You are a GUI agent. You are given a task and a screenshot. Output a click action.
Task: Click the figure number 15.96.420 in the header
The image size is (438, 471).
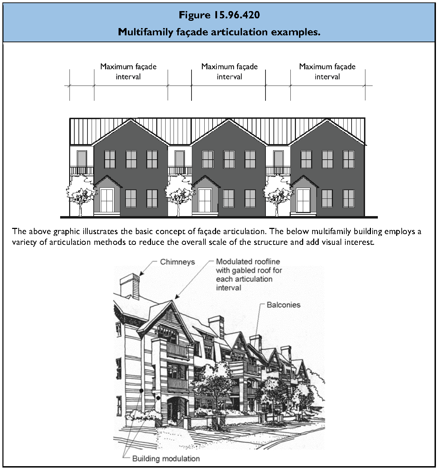tap(236, 15)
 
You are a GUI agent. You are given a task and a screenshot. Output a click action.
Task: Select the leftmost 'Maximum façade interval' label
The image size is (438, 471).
tap(128, 71)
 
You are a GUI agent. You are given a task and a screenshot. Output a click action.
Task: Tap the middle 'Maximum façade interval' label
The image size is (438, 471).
tap(230, 71)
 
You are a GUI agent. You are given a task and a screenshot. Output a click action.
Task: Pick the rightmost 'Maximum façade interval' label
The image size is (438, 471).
tap(327, 71)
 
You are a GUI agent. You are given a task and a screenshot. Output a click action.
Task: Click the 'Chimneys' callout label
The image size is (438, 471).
tap(177, 262)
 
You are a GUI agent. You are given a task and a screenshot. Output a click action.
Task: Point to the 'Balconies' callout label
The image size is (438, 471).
tap(283, 305)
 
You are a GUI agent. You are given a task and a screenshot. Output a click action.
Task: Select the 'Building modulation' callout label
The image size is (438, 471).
tap(166, 459)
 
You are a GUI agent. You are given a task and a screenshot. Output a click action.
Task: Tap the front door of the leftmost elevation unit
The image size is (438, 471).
tap(107, 201)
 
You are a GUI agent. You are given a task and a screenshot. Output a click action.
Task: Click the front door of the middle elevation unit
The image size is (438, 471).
tap(205, 201)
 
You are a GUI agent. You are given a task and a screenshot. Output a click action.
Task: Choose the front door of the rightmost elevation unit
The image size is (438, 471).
tap(304, 201)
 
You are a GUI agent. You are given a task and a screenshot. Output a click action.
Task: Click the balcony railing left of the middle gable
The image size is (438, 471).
tap(180, 170)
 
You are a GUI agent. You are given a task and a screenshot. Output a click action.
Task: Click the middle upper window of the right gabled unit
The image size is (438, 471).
tap(327, 160)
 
